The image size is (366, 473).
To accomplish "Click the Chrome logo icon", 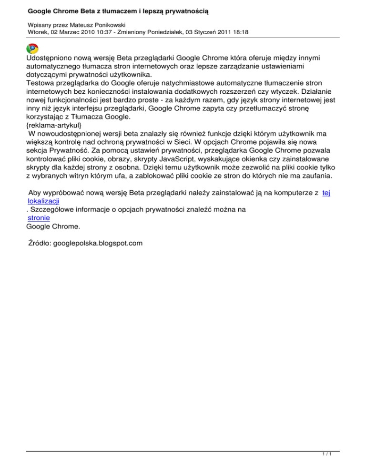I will coord(32,48).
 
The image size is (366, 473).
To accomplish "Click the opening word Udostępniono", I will coord(53,59).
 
